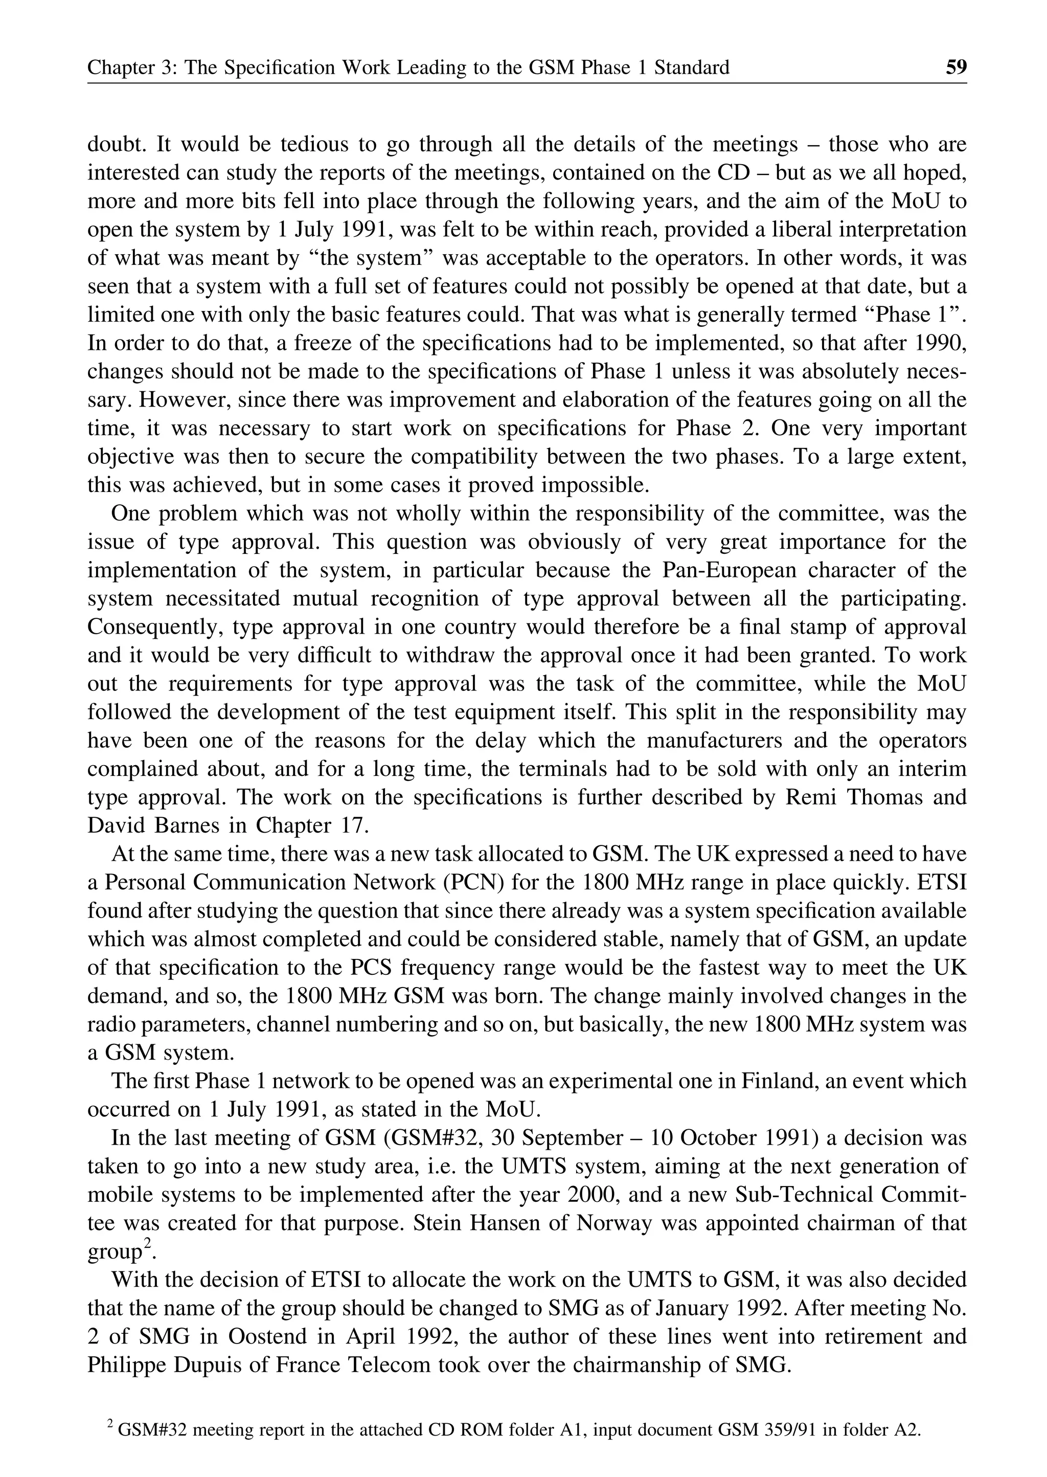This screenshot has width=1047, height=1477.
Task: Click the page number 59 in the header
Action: (955, 67)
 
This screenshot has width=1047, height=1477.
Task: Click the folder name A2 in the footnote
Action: (904, 1430)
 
